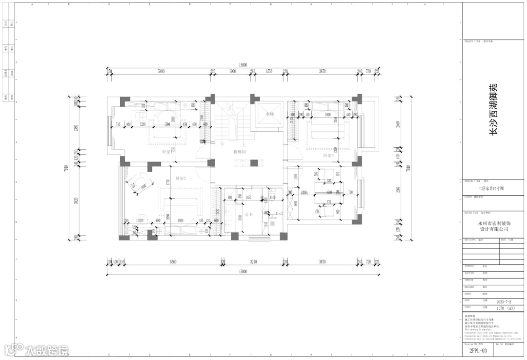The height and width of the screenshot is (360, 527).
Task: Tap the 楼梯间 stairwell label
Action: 239,152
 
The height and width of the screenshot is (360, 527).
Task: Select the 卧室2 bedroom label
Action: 181,179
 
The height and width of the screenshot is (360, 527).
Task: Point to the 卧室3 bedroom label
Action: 328,156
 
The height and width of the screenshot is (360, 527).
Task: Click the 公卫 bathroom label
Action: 248,214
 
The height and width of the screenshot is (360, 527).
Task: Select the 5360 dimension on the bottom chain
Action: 173,262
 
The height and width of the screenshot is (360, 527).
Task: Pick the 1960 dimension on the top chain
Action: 232,72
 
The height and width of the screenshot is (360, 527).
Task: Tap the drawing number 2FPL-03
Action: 478,350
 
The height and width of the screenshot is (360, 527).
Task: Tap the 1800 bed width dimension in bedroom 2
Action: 181,220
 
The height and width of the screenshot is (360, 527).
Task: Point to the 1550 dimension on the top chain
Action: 269,72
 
